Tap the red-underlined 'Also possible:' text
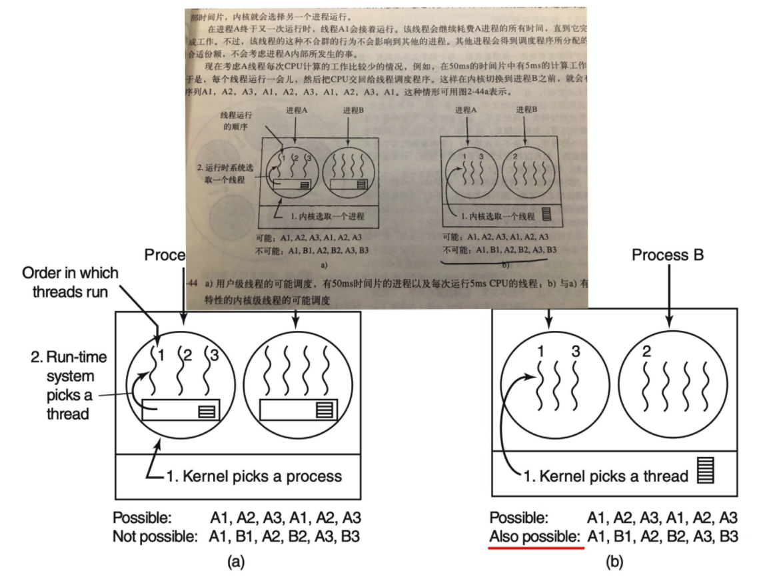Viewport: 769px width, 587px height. coord(536,536)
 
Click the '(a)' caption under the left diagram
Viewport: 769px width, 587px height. coord(235,562)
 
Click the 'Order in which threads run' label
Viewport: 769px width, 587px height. coord(70,282)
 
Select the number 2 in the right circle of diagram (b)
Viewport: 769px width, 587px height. coord(646,352)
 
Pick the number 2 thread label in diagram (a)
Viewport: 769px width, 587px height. coord(187,356)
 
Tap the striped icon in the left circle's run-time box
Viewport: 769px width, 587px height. coord(207,412)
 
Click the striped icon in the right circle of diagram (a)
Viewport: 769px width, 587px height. coord(325,410)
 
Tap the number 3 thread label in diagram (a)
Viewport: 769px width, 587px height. coord(214,356)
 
